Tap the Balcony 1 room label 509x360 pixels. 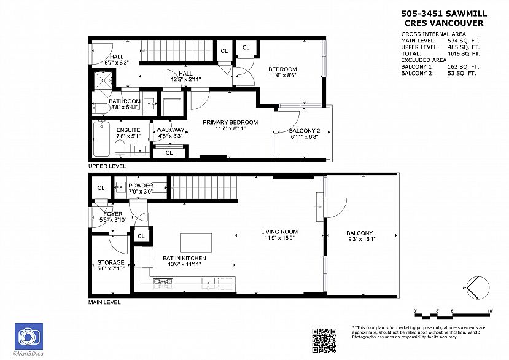click(x=362, y=233)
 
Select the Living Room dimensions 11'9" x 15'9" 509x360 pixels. click(x=280, y=238)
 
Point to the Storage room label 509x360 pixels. click(x=111, y=262)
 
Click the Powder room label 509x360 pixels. click(x=141, y=186)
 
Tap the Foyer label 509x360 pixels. click(x=112, y=214)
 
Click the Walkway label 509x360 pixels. click(x=170, y=130)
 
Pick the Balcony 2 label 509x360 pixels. click(x=305, y=130)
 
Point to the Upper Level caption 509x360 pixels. click(x=107, y=166)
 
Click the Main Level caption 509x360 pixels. click(x=105, y=302)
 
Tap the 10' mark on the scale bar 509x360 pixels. click(x=490, y=311)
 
